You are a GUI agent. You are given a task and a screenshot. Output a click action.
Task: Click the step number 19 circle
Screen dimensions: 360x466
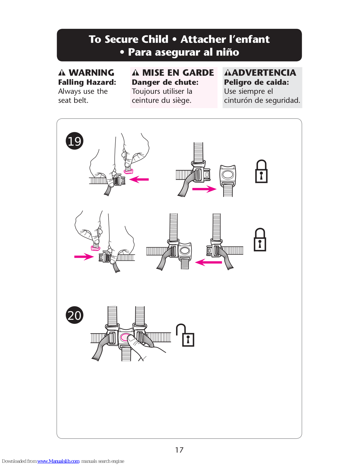tap(75, 141)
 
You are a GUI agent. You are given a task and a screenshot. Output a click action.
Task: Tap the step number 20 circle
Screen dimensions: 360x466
tap(75, 315)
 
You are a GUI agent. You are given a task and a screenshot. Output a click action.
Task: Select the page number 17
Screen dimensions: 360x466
tap(179, 450)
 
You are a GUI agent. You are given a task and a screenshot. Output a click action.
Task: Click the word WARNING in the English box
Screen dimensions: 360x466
tap(91, 73)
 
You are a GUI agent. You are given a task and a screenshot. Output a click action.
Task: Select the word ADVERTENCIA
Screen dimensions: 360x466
tap(264, 73)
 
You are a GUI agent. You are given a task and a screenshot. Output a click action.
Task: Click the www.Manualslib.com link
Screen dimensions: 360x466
tap(58, 461)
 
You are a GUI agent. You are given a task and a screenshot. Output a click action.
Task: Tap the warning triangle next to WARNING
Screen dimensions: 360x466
tap(62, 73)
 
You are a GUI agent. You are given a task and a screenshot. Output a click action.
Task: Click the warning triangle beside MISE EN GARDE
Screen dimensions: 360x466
tap(136, 73)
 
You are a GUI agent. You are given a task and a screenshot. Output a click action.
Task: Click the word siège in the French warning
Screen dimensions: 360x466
tap(182, 100)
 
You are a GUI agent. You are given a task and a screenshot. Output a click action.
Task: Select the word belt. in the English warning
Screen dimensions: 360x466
tap(81, 100)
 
